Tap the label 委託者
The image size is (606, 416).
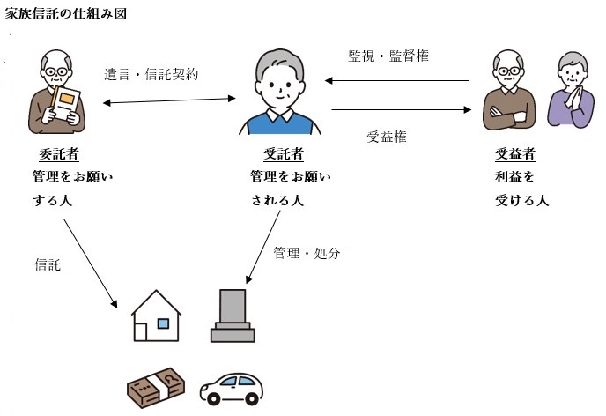point(60,154)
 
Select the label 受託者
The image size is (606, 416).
point(283,154)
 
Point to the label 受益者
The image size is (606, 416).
point(516,154)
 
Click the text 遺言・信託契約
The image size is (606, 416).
point(151,75)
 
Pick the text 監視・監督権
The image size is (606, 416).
point(388,56)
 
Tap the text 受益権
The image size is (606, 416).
point(386,137)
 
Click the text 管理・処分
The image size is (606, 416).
point(306,253)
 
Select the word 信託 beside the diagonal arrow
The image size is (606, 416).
point(48,264)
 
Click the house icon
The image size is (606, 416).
point(156,316)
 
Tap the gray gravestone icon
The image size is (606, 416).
point(233,316)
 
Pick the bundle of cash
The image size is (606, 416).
point(156,386)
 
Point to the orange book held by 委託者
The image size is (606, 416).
point(64,100)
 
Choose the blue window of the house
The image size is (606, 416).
point(163,323)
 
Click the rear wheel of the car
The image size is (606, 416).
point(212,397)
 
